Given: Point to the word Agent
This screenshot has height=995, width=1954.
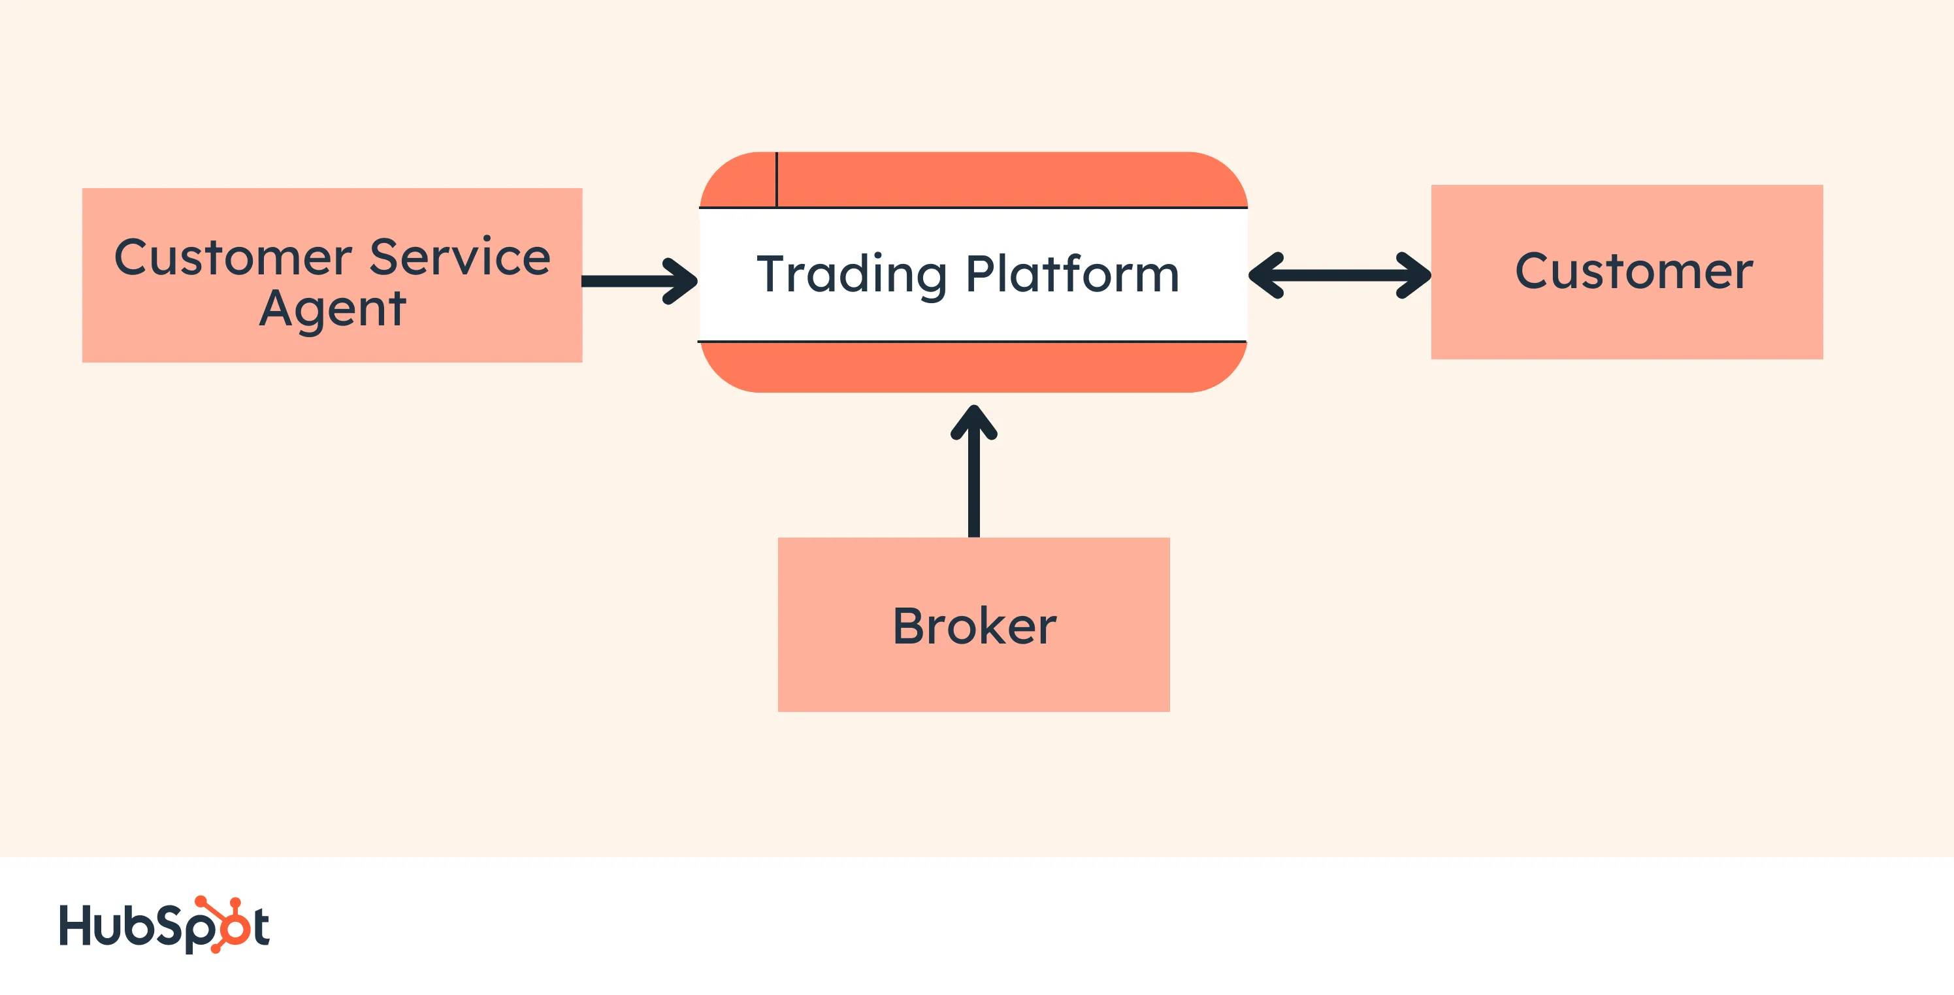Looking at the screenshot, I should point(333,308).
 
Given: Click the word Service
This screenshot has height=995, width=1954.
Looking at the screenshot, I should point(460,257).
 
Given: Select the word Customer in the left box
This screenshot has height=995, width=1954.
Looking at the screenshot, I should point(233,257).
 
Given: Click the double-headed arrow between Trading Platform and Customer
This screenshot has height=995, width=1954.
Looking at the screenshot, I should point(1340,275).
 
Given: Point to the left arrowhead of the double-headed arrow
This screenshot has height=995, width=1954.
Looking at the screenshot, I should point(1265,275).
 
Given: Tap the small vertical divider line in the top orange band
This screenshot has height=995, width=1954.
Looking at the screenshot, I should point(777,179).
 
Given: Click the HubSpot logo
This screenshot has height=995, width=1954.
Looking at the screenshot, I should point(164,924).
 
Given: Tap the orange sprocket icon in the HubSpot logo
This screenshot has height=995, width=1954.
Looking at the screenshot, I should point(227,924).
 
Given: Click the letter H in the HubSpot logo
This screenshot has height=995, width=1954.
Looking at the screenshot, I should point(75,924).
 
